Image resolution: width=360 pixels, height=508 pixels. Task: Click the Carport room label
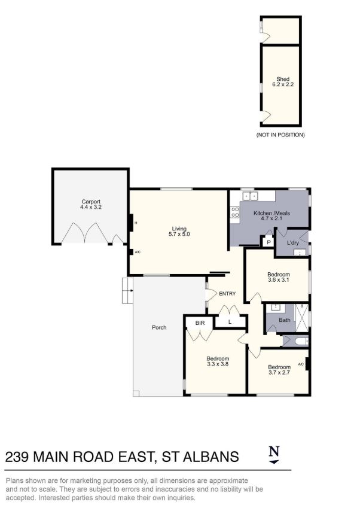[91, 205]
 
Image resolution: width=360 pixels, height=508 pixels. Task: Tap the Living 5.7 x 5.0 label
[179, 232]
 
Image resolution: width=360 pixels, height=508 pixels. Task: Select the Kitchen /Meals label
[271, 216]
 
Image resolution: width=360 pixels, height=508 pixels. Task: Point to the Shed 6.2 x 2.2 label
[283, 81]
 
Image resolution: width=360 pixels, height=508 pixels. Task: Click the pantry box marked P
[269, 242]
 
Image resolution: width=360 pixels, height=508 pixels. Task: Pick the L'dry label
[293, 243]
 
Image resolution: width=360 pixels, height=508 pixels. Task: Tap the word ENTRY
[227, 294]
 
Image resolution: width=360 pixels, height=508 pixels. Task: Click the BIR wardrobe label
[200, 323]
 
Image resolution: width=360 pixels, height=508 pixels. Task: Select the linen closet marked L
[230, 322]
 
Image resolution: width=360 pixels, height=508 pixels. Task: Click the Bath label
[285, 320]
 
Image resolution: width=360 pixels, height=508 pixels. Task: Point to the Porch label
[159, 327]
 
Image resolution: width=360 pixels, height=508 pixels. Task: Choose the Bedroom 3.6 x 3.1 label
[279, 277]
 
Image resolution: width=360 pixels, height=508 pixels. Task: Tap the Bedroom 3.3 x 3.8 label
[218, 361]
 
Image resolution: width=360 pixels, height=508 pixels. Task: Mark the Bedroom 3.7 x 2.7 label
[279, 370]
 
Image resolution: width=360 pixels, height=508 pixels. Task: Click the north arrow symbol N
[274, 454]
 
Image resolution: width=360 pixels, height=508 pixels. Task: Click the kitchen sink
[250, 196]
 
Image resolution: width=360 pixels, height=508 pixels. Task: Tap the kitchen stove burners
[234, 212]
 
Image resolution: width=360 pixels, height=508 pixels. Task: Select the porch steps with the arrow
[127, 290]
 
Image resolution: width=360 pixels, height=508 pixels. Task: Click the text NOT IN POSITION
[280, 135]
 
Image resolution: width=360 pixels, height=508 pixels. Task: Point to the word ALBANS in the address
[211, 457]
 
